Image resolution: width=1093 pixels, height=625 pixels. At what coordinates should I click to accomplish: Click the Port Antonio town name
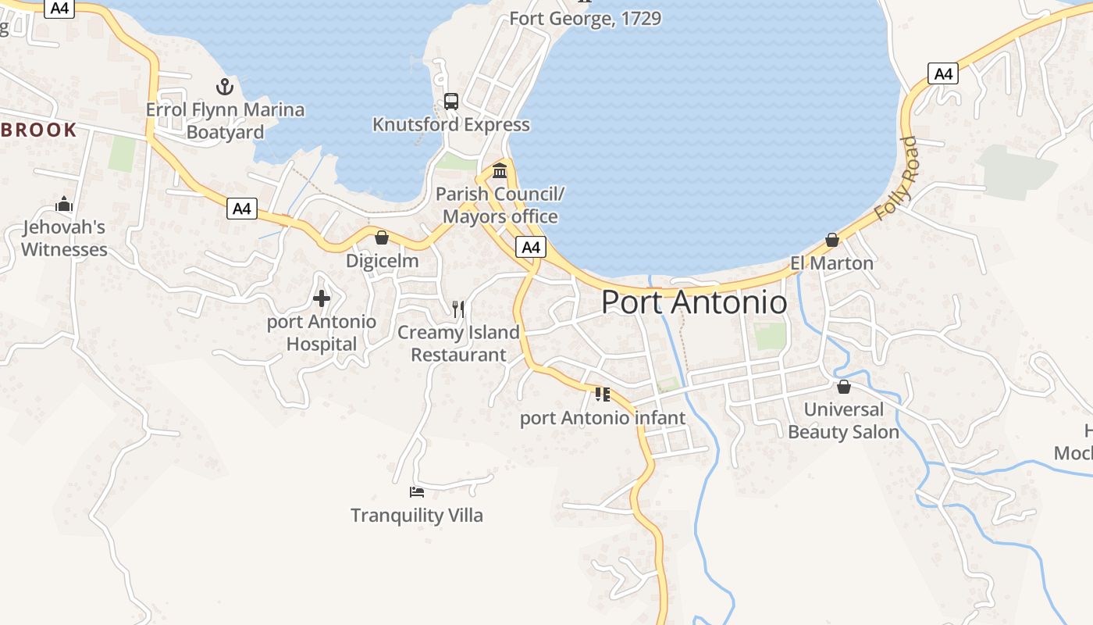click(694, 302)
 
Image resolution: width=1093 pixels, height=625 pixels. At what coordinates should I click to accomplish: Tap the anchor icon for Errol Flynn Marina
click(225, 87)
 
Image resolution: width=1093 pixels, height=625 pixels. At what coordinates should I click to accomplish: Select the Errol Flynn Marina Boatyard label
click(225, 120)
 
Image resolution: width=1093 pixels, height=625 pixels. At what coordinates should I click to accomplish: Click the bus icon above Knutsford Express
click(451, 101)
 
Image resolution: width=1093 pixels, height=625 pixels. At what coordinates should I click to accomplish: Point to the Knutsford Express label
click(451, 124)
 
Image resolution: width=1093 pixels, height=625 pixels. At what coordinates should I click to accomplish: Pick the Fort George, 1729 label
click(586, 18)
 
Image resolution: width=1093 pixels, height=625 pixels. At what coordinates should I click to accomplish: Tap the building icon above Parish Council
click(500, 170)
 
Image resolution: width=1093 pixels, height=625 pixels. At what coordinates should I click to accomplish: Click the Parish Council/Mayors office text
click(500, 205)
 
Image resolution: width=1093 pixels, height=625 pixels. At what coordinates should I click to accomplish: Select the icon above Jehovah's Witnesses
click(64, 205)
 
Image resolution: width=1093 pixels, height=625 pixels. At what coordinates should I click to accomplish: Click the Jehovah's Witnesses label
click(64, 238)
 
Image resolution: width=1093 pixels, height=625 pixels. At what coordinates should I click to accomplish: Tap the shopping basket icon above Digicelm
click(382, 237)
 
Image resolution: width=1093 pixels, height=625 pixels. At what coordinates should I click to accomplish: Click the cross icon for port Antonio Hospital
click(322, 298)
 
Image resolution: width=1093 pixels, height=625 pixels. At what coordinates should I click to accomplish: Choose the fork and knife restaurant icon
click(458, 309)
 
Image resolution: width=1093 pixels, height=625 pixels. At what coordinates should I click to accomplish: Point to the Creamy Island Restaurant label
click(458, 343)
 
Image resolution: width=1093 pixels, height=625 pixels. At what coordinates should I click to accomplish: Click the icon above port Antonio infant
click(602, 395)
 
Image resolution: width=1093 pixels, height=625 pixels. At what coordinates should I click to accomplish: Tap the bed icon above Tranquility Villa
click(417, 492)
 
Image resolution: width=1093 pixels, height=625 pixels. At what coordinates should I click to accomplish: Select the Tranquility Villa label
click(417, 515)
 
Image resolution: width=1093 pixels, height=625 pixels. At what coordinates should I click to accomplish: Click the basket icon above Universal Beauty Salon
click(843, 387)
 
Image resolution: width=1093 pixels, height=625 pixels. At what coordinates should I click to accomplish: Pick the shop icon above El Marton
click(832, 240)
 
